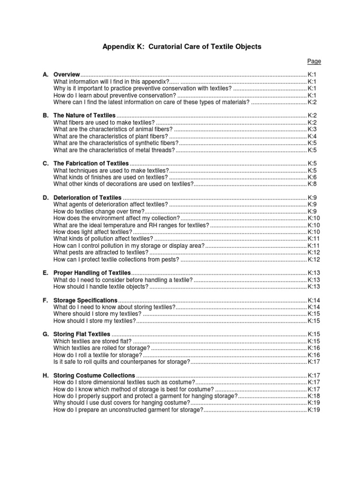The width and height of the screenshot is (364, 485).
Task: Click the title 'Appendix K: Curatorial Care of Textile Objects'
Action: [x=182, y=47]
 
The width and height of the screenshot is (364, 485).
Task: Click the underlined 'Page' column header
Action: [x=314, y=61]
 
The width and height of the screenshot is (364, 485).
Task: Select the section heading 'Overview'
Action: [x=66, y=75]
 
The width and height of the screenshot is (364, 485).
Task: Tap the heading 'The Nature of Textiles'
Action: [x=84, y=115]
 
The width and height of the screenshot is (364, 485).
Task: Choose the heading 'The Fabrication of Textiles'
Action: [x=91, y=163]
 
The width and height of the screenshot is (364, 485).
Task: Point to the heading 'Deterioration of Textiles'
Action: [x=88, y=198]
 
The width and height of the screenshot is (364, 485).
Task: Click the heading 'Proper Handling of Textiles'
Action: [x=92, y=273]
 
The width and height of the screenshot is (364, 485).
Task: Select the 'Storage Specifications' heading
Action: [x=85, y=300]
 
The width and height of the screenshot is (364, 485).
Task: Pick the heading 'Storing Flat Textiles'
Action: [x=82, y=334]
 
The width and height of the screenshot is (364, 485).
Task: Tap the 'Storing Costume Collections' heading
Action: [x=94, y=376]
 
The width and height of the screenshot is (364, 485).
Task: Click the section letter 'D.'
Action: [x=46, y=198]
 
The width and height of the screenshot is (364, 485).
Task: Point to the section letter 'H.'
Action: [x=46, y=376]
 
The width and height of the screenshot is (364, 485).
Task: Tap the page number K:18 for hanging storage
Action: [x=314, y=396]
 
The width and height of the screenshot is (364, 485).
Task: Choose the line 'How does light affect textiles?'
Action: [x=93, y=232]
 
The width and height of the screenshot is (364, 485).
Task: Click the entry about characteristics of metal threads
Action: [x=114, y=150]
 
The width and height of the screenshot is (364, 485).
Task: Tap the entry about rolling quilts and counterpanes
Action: [x=121, y=361]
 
